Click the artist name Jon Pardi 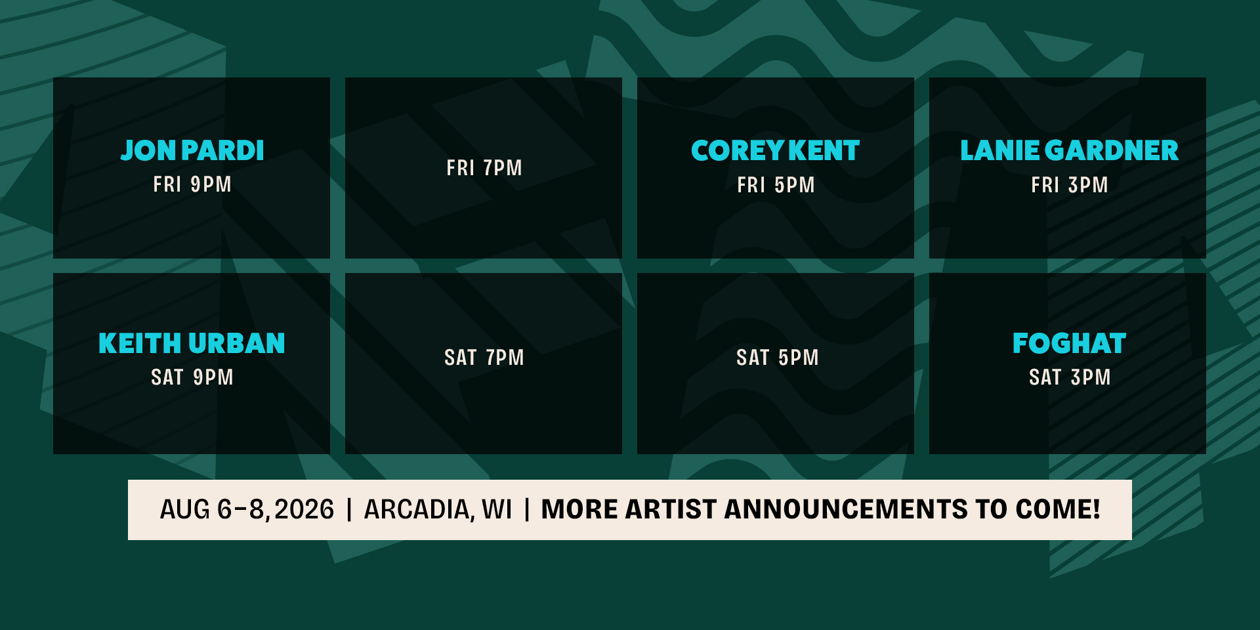[192, 150]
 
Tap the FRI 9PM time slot [192, 184]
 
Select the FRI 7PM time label [484, 168]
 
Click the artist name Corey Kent [775, 151]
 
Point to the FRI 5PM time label [776, 185]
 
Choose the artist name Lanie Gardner [1069, 151]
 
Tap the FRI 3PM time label [1069, 185]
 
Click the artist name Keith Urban [192, 343]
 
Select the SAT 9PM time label [192, 377]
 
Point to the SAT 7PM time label [484, 358]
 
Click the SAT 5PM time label [777, 358]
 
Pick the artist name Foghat [1069, 343]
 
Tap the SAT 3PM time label [1070, 377]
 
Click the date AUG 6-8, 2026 [247, 510]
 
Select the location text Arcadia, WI [438, 510]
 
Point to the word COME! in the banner [1058, 510]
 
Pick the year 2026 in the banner [304, 510]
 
